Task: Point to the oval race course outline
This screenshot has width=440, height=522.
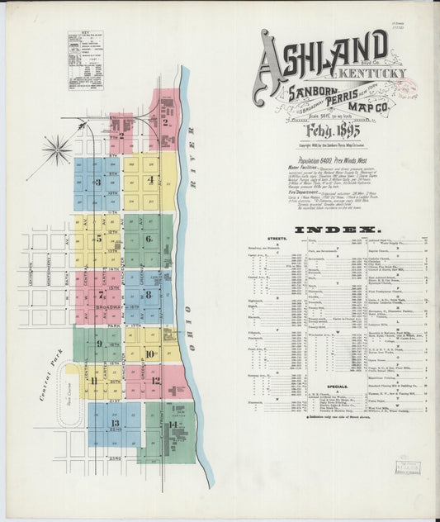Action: pyautogui.click(x=67, y=396)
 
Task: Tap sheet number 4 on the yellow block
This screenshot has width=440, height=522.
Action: pyautogui.click(x=149, y=179)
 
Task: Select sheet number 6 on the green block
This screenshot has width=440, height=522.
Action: pyautogui.click(x=149, y=240)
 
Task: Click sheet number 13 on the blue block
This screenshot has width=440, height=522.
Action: pyautogui.click(x=113, y=422)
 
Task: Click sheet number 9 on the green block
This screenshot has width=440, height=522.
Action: pyautogui.click(x=100, y=344)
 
